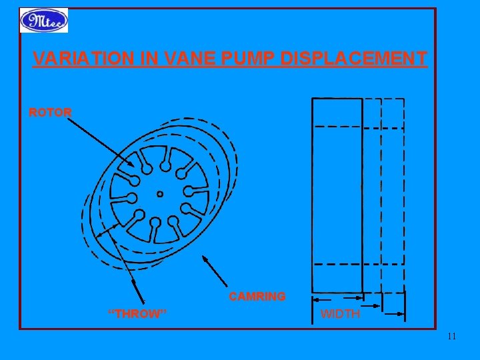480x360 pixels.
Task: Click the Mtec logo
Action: tap(43, 21)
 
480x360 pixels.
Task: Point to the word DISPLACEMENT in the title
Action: tap(354, 59)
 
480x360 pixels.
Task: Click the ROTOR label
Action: tap(50, 112)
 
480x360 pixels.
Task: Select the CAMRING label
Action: tap(257, 296)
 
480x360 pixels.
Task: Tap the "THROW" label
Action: tap(137, 313)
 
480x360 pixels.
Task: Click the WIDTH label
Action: tap(340, 313)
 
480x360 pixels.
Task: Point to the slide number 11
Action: tap(452, 336)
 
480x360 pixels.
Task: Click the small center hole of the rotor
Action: tap(159, 194)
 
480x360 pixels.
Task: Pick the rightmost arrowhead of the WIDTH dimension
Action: tap(400, 313)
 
